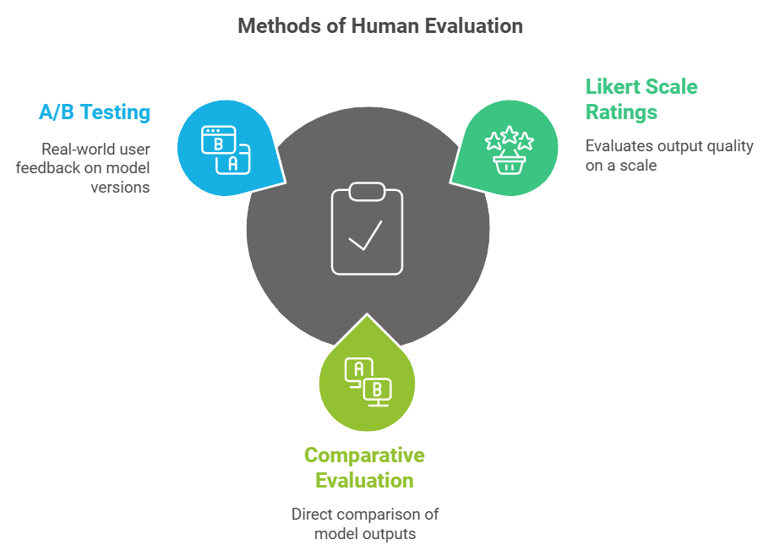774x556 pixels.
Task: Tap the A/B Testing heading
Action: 94,112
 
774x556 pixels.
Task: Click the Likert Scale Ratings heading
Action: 641,99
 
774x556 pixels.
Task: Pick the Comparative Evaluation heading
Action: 364,467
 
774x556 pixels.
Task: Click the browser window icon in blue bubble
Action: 225,150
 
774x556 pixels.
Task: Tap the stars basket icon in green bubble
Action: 509,150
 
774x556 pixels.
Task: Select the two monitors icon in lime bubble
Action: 367,379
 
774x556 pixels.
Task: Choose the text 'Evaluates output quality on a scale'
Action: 669,155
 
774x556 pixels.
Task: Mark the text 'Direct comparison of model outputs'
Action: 365,524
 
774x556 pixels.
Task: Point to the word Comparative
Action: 364,455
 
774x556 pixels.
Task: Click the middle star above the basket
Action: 509,134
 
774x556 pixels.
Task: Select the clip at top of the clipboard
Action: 367,191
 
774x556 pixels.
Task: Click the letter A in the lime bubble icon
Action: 358,368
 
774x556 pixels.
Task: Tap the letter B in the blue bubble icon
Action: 218,144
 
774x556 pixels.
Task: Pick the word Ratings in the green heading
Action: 621,112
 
